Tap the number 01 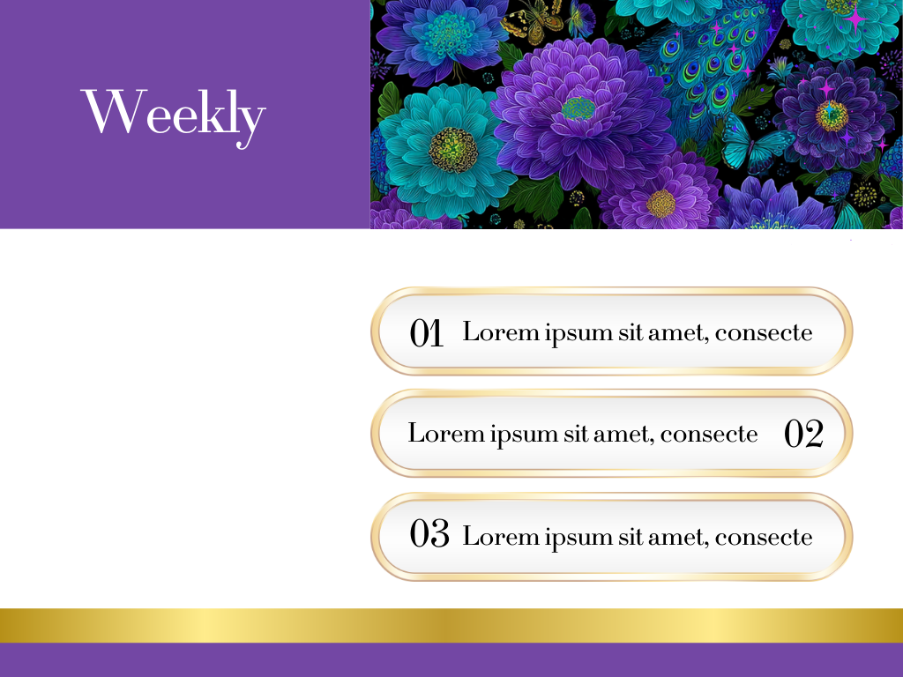tap(426, 332)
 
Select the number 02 tap(804, 434)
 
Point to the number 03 tap(429, 532)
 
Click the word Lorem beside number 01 tap(501, 332)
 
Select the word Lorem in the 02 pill tap(445, 434)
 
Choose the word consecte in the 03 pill tap(764, 538)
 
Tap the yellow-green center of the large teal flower tap(453, 150)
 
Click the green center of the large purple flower tap(578, 108)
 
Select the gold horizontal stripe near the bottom tap(451, 625)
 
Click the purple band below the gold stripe tap(451, 659)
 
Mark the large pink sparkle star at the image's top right tap(855, 19)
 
